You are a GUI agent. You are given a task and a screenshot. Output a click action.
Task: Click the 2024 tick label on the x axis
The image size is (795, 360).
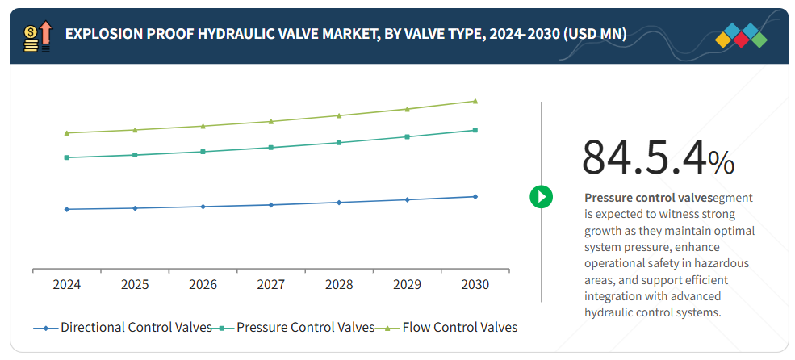tap(67, 285)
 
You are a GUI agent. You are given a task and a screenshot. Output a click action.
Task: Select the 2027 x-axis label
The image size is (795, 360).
tap(271, 285)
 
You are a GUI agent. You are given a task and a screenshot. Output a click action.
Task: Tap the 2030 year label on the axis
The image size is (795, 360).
tap(475, 285)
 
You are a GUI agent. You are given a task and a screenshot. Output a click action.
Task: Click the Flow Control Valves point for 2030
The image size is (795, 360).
tap(475, 101)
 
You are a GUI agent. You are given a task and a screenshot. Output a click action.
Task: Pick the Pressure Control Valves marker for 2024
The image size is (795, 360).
tap(67, 157)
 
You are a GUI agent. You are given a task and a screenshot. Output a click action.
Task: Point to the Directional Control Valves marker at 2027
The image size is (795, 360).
tap(271, 205)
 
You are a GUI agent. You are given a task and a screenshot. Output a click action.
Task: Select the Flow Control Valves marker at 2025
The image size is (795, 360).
tap(135, 130)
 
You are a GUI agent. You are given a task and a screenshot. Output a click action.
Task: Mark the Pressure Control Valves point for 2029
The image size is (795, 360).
tap(407, 136)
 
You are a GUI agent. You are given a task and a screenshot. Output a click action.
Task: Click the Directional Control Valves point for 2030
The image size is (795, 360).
tap(475, 196)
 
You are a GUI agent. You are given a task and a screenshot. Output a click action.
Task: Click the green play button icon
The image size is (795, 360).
tap(541, 196)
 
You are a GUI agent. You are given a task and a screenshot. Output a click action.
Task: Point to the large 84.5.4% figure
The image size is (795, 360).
tap(658, 157)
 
